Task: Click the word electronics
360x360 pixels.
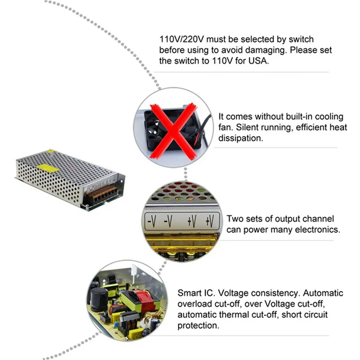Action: [315, 230]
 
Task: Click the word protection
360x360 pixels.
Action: [198, 325]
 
